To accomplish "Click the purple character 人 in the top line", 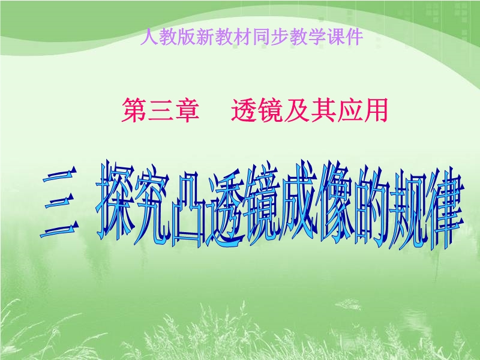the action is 149,37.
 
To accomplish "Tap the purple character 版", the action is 187,37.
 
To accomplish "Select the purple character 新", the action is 205,37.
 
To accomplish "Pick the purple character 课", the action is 335,37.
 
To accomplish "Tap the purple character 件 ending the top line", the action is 354,37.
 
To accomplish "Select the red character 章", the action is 187,110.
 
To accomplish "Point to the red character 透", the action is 244,110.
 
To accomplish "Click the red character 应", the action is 349,110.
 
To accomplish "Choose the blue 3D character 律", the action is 444,211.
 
